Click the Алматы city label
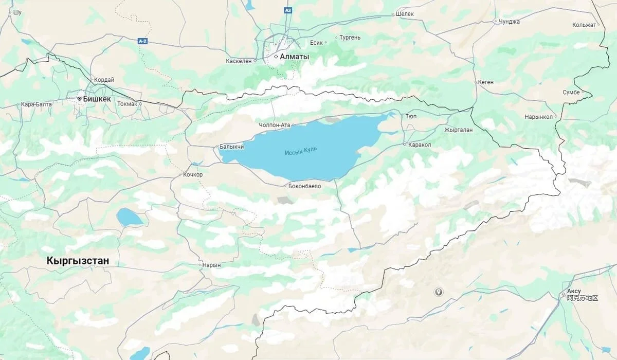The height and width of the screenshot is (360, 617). [295, 57]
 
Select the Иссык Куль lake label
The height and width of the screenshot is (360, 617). [301, 151]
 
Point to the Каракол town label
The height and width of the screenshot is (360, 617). [420, 145]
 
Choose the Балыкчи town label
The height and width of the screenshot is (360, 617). [231, 147]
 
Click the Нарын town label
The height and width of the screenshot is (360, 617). [212, 265]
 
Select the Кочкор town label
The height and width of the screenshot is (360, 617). [193, 175]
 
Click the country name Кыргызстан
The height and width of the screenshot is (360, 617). [78, 261]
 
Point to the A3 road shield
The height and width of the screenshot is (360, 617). [288, 10]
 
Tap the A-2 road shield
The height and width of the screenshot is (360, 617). [142, 41]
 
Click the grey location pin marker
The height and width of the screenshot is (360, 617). [439, 292]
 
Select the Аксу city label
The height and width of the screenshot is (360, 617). [574, 291]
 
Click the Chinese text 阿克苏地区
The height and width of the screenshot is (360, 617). [583, 298]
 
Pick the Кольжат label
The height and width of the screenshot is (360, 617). [584, 25]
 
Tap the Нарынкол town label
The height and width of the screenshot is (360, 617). [538, 117]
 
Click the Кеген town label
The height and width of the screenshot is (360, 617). [485, 82]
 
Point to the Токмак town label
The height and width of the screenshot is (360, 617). [127, 104]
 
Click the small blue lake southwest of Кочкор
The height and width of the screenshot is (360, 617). [130, 218]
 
